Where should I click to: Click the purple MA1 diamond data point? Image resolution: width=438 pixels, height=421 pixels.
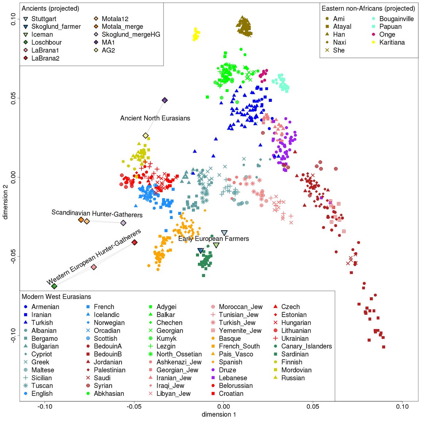point(165,100)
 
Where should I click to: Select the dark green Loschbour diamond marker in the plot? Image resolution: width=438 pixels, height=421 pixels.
point(54,286)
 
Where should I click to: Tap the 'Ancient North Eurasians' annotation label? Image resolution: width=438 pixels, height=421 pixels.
point(155,118)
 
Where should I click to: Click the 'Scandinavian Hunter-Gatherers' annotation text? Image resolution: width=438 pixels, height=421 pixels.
point(97,213)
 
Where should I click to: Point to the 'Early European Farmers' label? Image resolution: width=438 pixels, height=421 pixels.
point(214,239)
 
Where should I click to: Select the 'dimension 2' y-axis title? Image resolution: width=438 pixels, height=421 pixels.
point(5,202)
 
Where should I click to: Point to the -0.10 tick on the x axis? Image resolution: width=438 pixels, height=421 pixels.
point(45,406)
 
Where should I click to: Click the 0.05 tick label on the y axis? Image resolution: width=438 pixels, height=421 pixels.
point(13,98)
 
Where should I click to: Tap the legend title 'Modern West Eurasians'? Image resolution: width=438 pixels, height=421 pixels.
point(56,297)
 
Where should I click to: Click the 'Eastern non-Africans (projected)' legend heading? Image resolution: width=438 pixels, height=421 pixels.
point(368,8)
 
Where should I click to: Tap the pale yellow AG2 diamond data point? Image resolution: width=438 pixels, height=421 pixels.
point(146,136)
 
